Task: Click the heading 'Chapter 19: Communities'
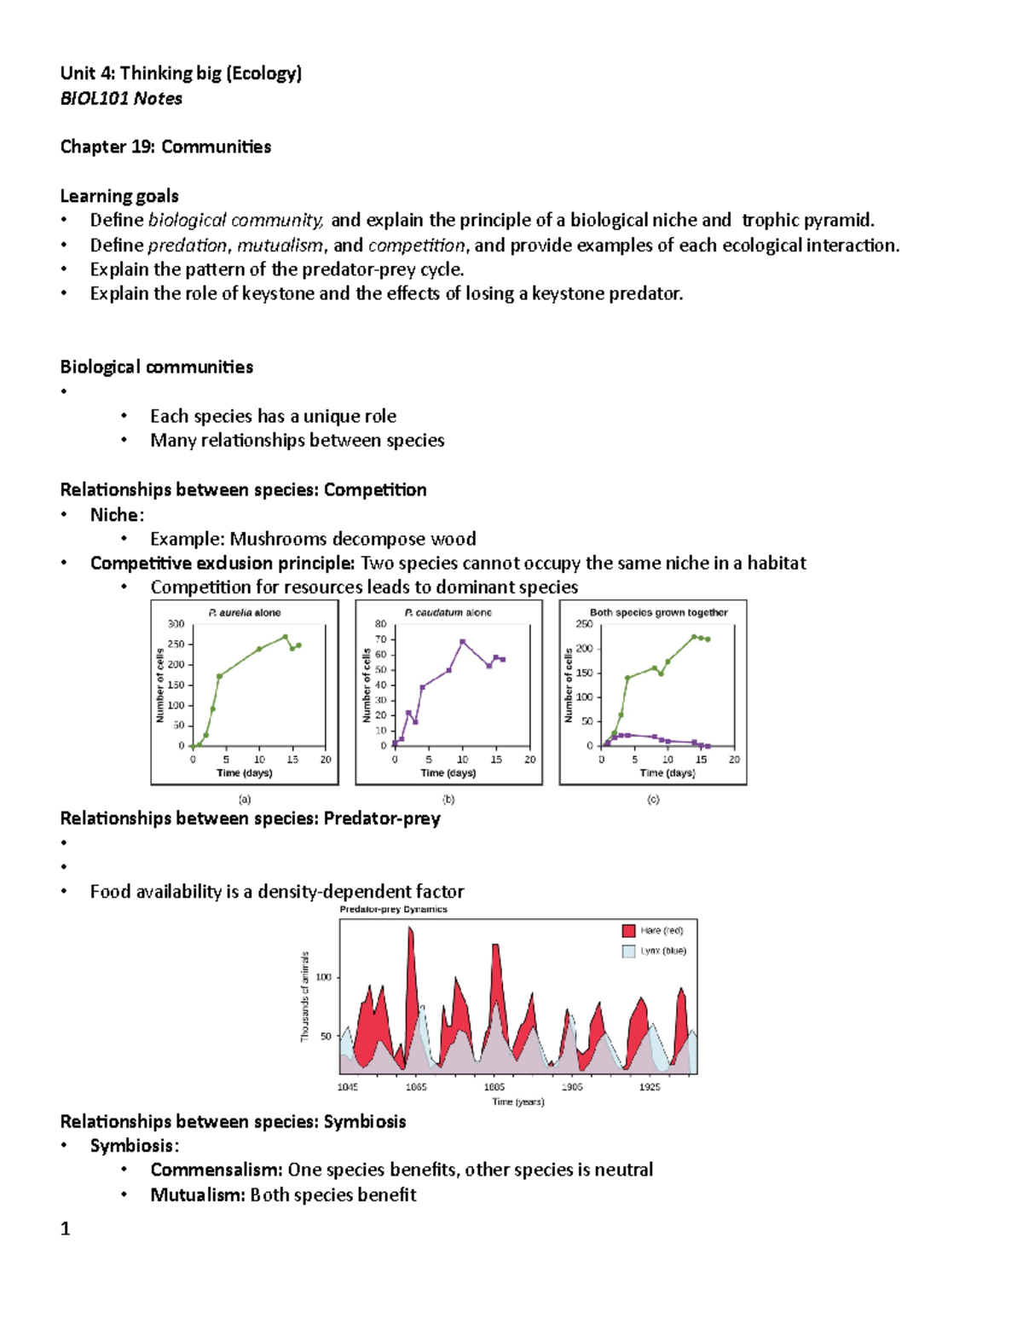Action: click(165, 147)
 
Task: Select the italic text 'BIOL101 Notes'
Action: click(121, 98)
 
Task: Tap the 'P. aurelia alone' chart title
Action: click(245, 612)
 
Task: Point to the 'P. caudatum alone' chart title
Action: click(448, 612)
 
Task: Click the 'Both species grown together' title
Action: click(658, 612)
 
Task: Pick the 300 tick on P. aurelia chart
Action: click(176, 624)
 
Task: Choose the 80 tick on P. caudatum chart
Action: click(380, 624)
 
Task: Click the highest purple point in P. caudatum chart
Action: click(463, 641)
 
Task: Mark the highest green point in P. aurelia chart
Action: click(286, 637)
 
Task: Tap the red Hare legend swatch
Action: click(629, 930)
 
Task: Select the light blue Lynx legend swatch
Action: click(629, 951)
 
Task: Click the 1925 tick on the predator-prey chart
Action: click(650, 1087)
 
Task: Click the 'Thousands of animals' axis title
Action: click(304, 997)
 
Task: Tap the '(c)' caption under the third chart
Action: click(653, 800)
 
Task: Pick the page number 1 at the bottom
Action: click(65, 1229)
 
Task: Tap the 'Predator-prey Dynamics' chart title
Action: click(393, 909)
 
